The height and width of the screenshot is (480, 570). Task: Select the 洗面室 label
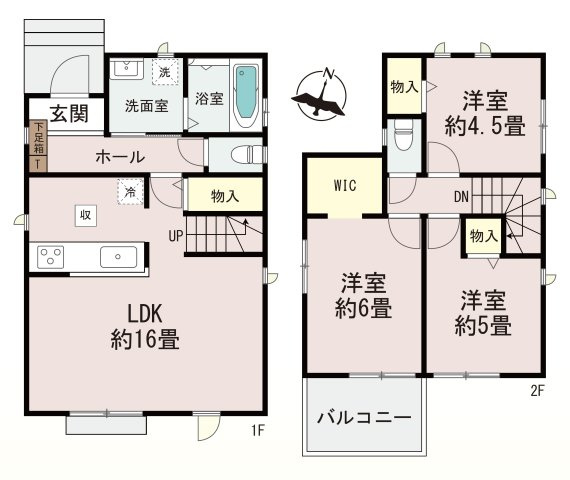tap(145, 104)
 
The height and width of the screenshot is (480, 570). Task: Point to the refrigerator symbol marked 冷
tap(129, 191)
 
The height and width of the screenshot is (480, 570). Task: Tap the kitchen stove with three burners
tap(52, 257)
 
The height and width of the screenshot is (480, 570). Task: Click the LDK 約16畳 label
tap(145, 327)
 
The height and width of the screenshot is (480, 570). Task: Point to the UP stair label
tap(174, 236)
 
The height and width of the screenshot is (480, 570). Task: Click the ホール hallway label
tap(120, 157)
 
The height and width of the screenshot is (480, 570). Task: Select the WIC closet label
tap(343, 185)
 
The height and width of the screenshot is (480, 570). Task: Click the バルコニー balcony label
tap(364, 417)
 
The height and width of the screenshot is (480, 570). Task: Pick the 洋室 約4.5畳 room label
tap(485, 113)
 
